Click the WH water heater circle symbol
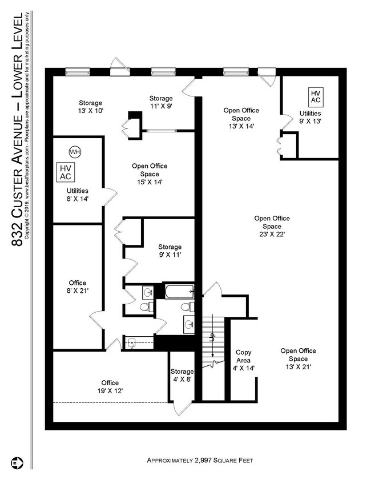coord(75,152)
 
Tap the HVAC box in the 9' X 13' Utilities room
coord(316,96)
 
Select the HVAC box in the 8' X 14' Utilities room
coord(66,172)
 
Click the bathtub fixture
coord(179,292)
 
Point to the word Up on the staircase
coord(212,337)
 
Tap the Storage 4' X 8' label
coord(182,376)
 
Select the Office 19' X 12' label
coord(110,386)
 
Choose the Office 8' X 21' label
coord(78,287)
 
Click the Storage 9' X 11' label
coord(170,251)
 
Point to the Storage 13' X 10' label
coord(91,107)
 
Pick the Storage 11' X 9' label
coord(161,102)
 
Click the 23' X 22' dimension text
coord(272,235)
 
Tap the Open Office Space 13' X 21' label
coord(299,359)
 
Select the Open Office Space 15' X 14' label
coord(150,174)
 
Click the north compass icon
coord(17,462)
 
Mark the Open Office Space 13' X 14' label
coord(241,118)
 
